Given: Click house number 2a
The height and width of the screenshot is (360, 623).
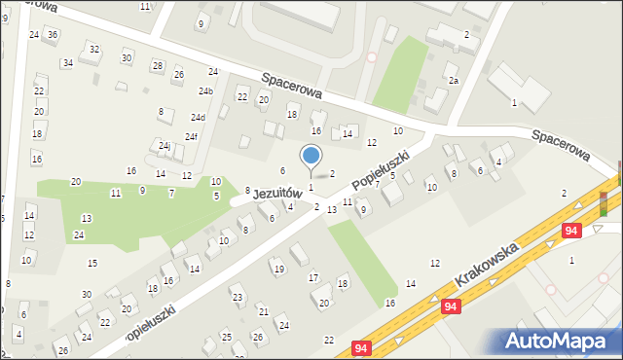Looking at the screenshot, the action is (454, 81).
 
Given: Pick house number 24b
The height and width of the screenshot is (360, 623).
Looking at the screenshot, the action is (205, 91).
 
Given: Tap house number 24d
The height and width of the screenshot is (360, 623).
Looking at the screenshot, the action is (198, 118).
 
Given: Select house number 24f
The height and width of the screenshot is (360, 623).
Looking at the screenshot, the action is (192, 136).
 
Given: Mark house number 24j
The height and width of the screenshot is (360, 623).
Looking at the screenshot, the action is (165, 146).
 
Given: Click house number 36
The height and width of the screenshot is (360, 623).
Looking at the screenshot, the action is (53, 35).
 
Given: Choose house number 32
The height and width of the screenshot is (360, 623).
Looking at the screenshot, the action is (93, 49).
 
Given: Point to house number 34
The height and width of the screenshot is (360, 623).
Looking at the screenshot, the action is (67, 63).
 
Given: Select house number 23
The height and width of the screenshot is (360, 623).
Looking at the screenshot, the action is (237, 297).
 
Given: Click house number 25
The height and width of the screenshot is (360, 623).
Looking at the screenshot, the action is (226, 337).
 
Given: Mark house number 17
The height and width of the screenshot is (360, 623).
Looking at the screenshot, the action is (313, 278).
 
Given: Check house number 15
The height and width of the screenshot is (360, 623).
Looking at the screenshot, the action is (92, 264).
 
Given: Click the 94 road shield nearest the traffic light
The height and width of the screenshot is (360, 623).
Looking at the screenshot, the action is (573, 231).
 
